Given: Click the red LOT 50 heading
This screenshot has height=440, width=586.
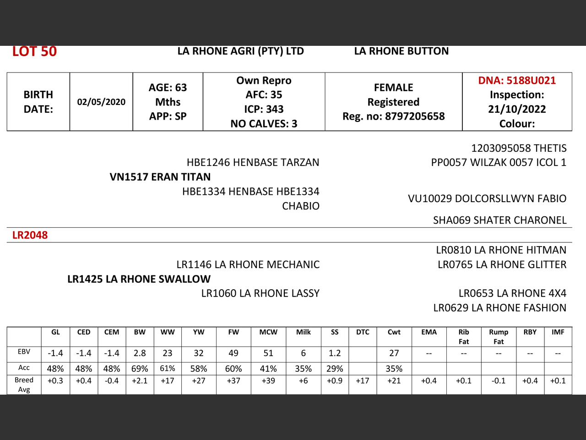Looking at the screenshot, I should tap(34, 51).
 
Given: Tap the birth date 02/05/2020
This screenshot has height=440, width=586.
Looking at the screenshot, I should tap(101, 102).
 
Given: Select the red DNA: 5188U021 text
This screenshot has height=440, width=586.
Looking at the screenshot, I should tap(517, 81).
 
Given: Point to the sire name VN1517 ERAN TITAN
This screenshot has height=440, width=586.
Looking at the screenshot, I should tap(160, 177).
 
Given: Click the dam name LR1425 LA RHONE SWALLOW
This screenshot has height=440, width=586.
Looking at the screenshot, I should tap(139, 279).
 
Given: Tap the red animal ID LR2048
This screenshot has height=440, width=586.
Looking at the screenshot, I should tap(30, 235).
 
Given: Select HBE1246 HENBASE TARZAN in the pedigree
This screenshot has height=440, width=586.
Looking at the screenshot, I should tap(253, 162).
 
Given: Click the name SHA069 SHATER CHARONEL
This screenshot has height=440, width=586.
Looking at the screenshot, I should tap(499, 220).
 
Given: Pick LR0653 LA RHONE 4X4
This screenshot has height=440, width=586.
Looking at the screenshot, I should tap(512, 293).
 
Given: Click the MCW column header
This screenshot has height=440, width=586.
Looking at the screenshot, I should tap(268, 332).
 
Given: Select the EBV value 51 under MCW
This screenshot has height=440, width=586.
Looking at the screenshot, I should tap(268, 353).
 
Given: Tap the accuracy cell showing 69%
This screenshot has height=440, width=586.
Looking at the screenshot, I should tap(140, 369).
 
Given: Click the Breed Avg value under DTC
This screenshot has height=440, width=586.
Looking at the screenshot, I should tap(363, 381).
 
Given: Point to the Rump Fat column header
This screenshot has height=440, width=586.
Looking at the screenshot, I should tap(499, 336).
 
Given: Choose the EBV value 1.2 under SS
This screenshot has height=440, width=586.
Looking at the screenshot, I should tap(335, 353).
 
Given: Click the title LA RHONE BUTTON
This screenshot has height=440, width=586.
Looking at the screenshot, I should tap(401, 51).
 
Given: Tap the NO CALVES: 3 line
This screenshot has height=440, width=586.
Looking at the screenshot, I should tap(264, 124).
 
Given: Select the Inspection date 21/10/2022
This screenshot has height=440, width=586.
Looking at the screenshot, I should tap(517, 109).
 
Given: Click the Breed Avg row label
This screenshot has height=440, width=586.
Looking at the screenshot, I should tap(24, 385).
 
